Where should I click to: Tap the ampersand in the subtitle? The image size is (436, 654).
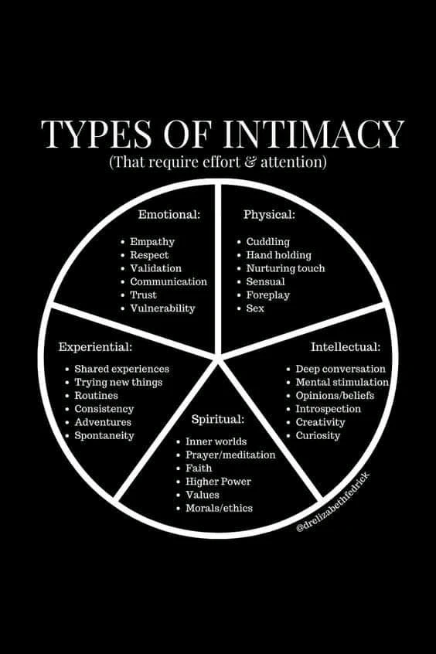250,162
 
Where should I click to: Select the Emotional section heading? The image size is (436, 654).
169,214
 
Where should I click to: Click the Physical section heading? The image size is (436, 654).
269,214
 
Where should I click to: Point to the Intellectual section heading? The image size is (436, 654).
346,346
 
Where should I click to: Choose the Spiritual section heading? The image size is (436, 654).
218,419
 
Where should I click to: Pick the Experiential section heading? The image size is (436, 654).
95,346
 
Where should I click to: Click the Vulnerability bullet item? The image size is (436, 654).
162,308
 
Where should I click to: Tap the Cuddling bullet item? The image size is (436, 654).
267,241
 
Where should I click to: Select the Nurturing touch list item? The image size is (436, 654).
285,268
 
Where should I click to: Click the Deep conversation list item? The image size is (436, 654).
340,369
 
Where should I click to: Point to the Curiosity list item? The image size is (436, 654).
318,435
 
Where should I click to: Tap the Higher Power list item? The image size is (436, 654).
218,482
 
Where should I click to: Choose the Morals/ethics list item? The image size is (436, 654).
219,508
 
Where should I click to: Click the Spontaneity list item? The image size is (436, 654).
104,435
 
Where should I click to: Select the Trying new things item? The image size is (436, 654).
118,382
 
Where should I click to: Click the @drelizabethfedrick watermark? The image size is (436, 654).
333,502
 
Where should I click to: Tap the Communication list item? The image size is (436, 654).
169,281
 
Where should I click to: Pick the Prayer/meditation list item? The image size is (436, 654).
230,455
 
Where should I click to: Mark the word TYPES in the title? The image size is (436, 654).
97,134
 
